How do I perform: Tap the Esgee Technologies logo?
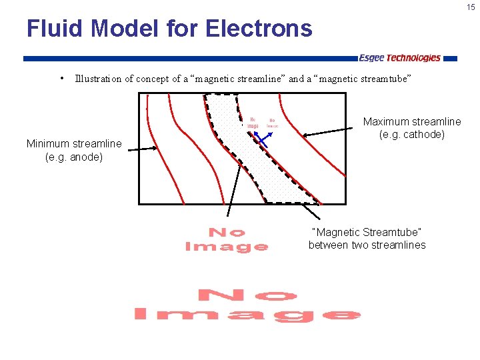click(x=399, y=58)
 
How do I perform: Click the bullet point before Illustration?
click(x=61, y=79)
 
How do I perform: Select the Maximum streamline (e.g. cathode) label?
click(x=411, y=128)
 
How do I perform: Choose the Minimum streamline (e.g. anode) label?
click(x=74, y=150)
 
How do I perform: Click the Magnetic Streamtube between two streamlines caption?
click(x=367, y=239)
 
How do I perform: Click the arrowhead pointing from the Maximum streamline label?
click(x=305, y=135)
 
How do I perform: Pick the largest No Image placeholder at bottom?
click(x=247, y=305)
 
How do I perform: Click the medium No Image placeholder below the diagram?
click(x=227, y=239)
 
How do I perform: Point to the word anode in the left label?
click(x=85, y=157)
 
